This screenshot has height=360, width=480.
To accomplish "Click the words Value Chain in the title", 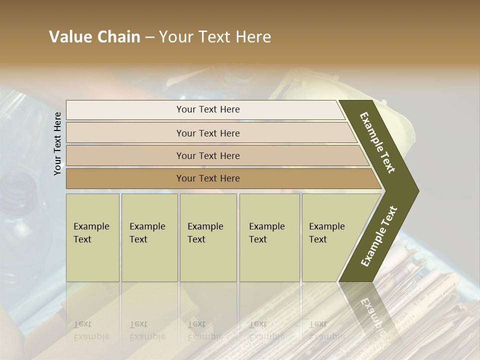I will (94, 37).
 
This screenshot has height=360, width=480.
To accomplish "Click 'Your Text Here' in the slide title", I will (215, 37).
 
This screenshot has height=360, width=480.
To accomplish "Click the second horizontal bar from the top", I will (208, 133).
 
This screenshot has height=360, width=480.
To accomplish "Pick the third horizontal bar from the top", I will (208, 155).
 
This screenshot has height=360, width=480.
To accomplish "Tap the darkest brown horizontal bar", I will (208, 178).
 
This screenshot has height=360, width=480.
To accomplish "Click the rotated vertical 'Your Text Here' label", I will (57, 144).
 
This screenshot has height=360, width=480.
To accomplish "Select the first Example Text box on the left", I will (92, 237).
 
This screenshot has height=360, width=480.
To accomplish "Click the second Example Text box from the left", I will (149, 237).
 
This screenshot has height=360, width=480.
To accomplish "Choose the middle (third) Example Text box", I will (208, 237).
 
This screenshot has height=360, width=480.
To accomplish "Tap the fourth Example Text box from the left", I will (269, 237).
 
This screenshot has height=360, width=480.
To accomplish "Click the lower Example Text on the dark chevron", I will (379, 236).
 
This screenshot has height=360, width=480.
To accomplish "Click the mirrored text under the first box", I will (91, 330).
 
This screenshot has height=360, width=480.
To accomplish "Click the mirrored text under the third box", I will (205, 330).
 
